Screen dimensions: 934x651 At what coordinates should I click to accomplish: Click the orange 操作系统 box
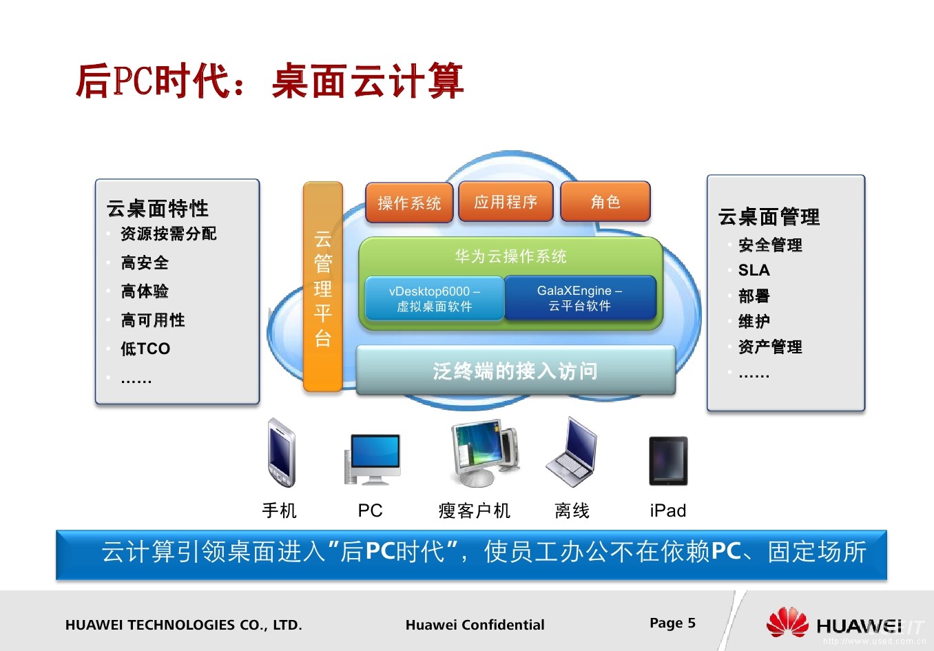(409, 203)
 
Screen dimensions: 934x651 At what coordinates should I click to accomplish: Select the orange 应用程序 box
(506, 202)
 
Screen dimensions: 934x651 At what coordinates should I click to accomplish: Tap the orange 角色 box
(605, 201)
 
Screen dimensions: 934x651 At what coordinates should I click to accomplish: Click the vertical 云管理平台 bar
(323, 287)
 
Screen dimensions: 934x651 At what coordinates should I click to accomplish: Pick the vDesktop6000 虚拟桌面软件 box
(435, 299)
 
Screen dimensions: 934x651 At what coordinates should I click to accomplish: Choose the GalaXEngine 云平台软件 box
(580, 298)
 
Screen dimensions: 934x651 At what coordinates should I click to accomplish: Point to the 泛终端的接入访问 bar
(515, 371)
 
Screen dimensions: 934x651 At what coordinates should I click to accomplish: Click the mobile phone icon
(281, 453)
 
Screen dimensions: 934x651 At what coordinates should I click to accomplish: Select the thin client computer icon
(484, 454)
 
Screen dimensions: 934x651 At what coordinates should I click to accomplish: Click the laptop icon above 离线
(572, 453)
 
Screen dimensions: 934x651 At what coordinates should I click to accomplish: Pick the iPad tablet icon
(668, 460)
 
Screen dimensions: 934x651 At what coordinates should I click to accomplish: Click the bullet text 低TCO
(145, 349)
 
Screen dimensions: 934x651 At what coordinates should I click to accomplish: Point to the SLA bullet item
(754, 270)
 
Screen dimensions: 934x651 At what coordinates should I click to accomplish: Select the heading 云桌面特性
(158, 208)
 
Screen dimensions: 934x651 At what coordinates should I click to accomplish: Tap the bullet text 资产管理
(770, 347)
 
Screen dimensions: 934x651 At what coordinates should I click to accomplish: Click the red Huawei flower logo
(787, 623)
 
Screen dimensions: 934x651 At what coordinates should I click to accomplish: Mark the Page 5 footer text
(672, 623)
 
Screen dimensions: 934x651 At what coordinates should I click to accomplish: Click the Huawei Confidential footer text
(475, 625)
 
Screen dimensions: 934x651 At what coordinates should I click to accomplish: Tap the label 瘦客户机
(474, 510)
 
